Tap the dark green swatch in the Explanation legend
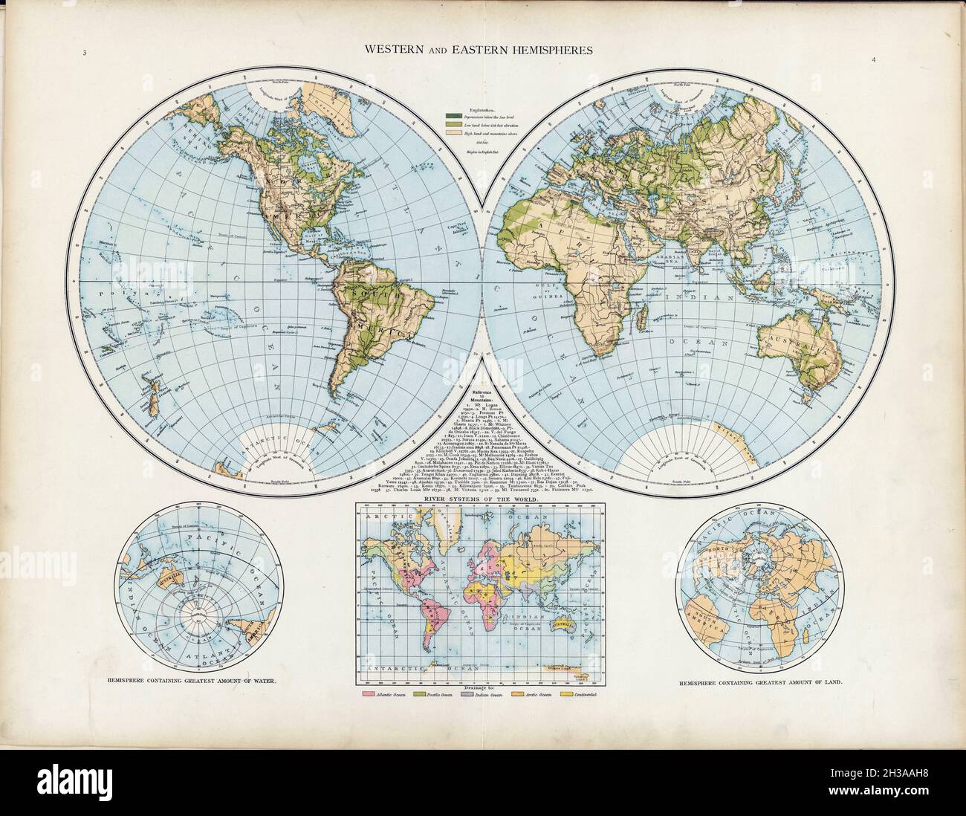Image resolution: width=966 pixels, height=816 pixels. point(451,116)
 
